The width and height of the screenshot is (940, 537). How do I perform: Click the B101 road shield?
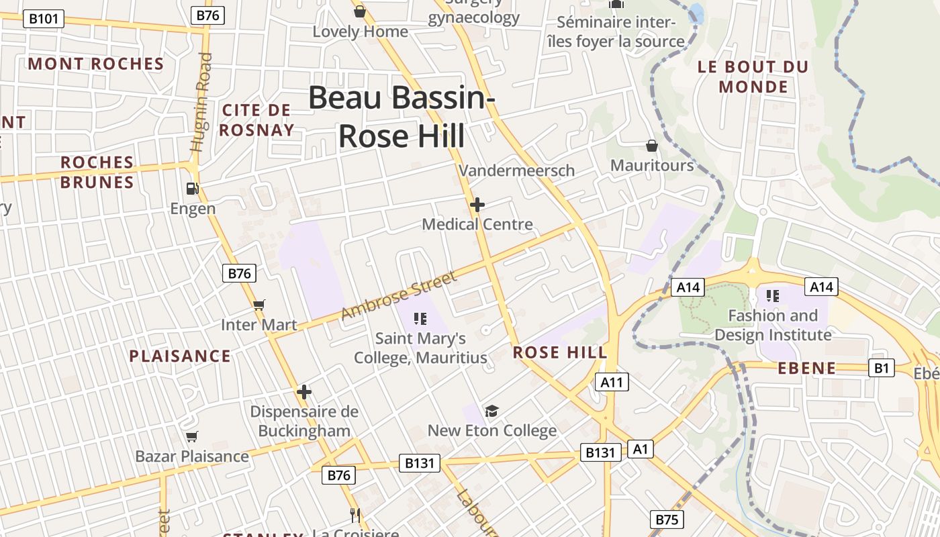[44, 18]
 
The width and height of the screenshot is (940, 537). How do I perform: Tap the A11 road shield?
[612, 383]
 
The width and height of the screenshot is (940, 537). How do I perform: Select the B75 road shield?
[666, 520]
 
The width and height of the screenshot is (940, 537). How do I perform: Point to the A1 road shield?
[640, 448]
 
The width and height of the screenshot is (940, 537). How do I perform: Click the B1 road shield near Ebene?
[882, 367]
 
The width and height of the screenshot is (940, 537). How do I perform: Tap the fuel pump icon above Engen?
[193, 189]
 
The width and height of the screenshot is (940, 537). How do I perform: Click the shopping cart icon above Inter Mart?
[259, 305]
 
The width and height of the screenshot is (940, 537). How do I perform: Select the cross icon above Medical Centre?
[477, 204]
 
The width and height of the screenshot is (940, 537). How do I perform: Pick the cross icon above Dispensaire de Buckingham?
[304, 391]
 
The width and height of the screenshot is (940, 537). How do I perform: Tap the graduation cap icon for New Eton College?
[492, 411]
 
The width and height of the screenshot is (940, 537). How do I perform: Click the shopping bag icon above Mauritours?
[651, 146]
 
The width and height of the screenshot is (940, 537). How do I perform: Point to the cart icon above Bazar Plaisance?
[192, 437]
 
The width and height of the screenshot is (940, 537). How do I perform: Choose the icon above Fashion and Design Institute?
[773, 295]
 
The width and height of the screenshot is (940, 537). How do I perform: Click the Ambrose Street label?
[399, 295]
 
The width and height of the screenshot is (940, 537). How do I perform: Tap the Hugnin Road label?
[201, 102]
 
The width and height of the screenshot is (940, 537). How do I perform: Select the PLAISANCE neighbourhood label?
[180, 356]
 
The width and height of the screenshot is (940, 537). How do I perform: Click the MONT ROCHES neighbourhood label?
[96, 64]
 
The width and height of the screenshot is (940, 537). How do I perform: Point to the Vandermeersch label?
[517, 170]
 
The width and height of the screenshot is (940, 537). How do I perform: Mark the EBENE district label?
[807, 368]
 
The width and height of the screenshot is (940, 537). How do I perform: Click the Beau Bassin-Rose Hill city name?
[402, 116]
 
